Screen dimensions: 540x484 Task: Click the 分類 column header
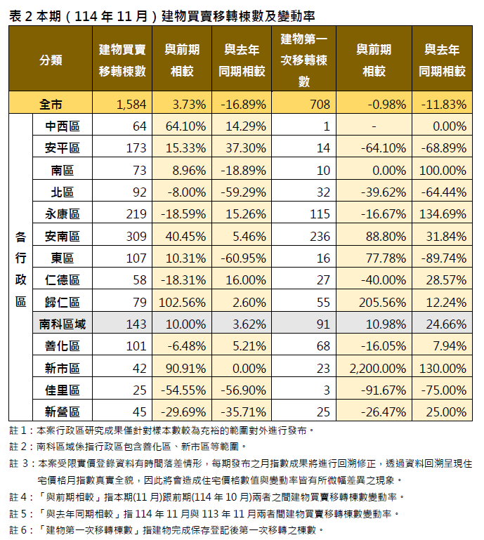[51, 60]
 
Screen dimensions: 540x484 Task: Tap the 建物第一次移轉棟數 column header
[303, 60]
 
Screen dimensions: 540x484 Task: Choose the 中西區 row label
[63, 126]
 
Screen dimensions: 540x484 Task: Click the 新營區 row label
[63, 411]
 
